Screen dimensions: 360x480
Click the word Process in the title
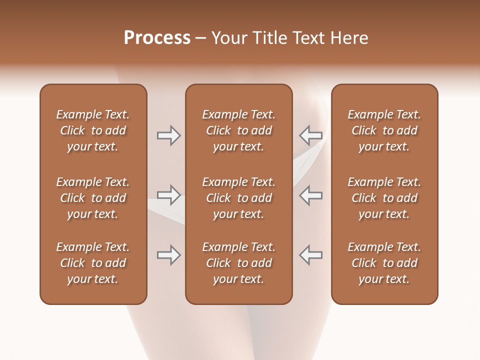coord(157,38)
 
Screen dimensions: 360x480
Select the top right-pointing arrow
coord(168,135)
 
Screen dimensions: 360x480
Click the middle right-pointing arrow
coord(168,195)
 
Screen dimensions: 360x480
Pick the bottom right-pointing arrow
coord(168,255)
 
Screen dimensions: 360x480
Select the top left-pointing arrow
coord(310,135)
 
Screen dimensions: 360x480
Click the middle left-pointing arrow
coord(310,195)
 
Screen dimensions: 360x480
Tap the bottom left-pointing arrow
coord(310,255)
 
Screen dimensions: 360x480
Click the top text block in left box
coord(93,130)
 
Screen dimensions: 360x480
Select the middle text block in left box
coord(93,198)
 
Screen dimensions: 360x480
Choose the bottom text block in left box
coord(93,263)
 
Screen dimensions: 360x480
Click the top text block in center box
coord(238,130)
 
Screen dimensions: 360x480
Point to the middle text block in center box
coord(238,198)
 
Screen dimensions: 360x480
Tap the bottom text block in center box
coord(238,263)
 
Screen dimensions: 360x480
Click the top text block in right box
coord(384,130)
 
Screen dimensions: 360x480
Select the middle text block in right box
coord(384,198)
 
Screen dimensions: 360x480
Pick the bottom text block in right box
coord(384,263)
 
